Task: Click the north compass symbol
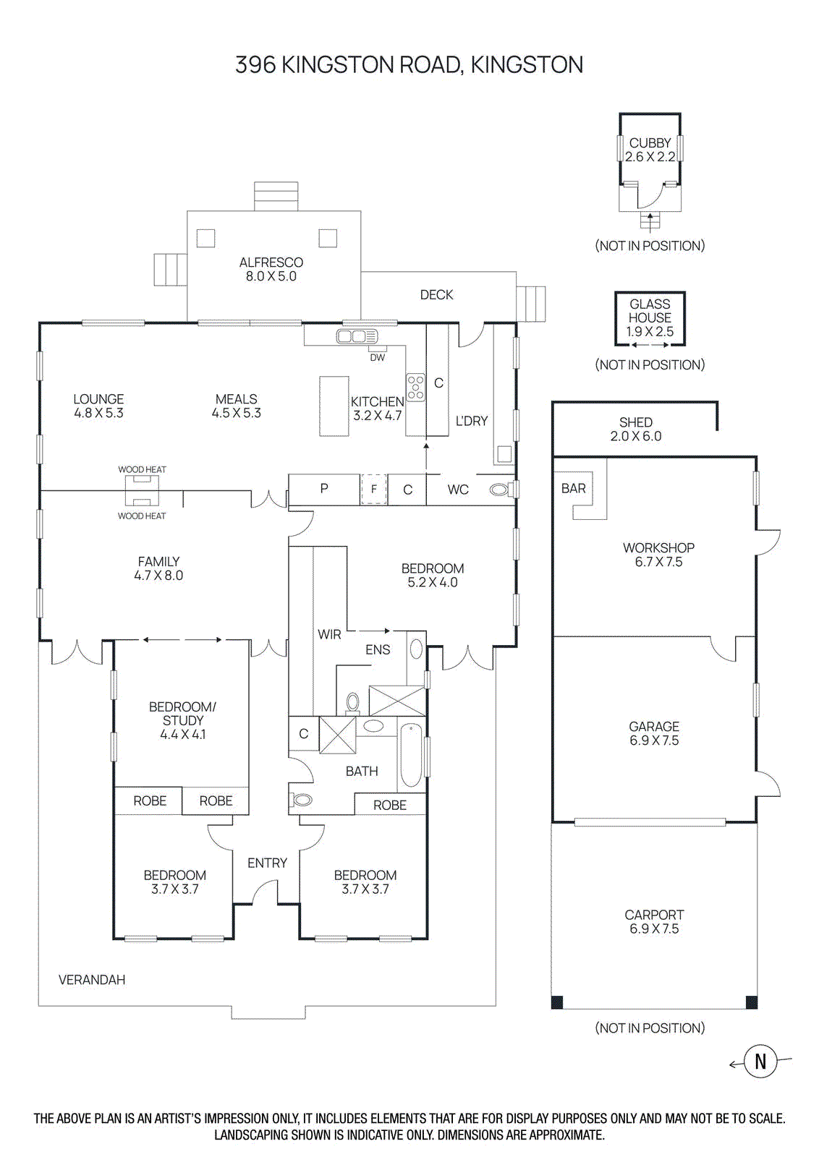[x=760, y=1062]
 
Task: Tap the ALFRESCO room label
[x=271, y=262]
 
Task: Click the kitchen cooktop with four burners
[x=415, y=387]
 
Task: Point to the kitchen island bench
[x=334, y=406]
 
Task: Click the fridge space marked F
[x=373, y=490]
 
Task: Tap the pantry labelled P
[x=324, y=489]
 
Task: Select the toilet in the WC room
[x=499, y=490]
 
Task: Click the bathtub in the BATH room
[x=411, y=756]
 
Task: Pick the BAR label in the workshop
[x=574, y=489]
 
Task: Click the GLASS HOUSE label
[x=650, y=311]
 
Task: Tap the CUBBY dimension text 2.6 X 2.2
[x=650, y=157]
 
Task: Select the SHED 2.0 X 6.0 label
[x=635, y=429]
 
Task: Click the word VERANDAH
[x=92, y=980]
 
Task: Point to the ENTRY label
[x=267, y=863]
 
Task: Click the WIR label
[x=329, y=634]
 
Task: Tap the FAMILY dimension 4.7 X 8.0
[x=158, y=576]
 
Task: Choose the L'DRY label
[x=472, y=421]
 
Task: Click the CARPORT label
[x=654, y=915]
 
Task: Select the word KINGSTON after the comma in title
[x=527, y=65]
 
